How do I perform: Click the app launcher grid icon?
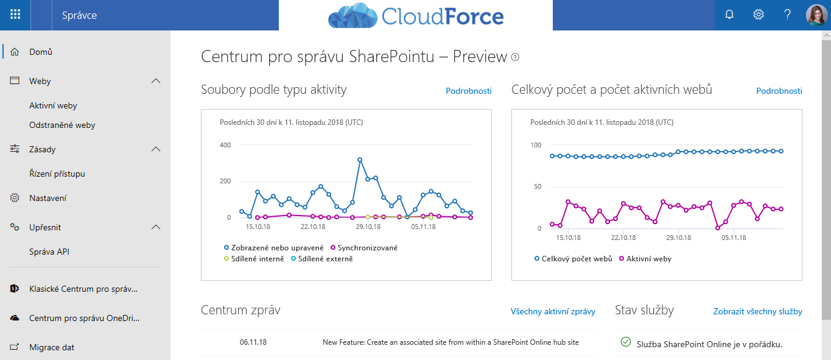15,15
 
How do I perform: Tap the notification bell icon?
729,15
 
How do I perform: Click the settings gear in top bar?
759,15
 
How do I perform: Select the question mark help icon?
787,15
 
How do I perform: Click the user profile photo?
816,15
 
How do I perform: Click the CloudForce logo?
416,16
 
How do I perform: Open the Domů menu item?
41,52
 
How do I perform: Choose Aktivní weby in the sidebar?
53,105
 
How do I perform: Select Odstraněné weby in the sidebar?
62,125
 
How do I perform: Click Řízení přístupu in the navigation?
57,174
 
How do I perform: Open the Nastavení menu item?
47,198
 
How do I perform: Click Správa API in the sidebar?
49,252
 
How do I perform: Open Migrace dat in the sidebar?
52,347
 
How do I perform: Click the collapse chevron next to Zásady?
156,149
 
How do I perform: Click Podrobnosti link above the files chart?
468,91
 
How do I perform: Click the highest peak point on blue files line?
360,160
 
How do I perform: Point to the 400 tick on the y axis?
225,145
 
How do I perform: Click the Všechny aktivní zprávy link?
552,311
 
